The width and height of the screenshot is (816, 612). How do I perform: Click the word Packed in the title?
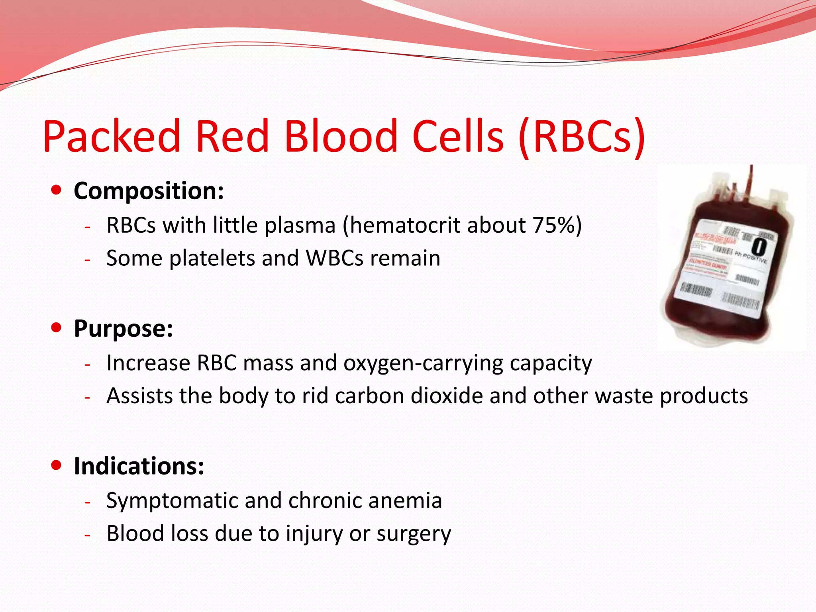click(x=112, y=136)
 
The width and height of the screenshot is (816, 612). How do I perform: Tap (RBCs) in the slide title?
click(x=582, y=136)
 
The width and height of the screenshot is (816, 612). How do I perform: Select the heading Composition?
click(x=149, y=191)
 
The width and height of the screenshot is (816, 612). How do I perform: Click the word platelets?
click(x=212, y=258)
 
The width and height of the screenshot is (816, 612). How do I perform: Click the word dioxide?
click(x=447, y=396)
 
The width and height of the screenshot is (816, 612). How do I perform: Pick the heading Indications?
click(x=139, y=466)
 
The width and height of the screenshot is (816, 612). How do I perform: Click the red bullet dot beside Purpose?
click(x=57, y=328)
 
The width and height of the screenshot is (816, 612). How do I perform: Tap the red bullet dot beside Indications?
click(x=57, y=465)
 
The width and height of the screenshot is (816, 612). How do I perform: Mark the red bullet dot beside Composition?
click(x=57, y=190)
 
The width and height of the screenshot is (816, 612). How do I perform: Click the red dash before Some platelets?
click(x=88, y=260)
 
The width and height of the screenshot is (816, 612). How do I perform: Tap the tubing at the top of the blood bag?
click(x=751, y=179)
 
